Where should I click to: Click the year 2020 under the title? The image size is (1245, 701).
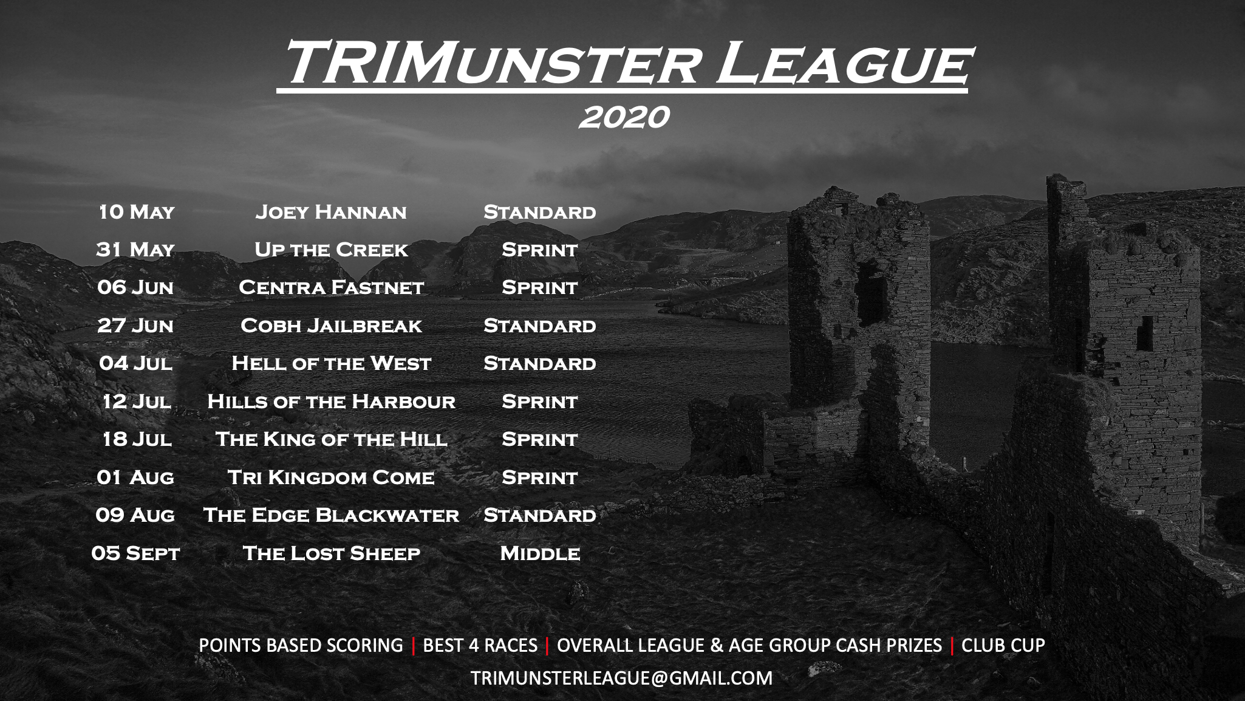(624, 117)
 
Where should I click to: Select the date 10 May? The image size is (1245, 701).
(136, 211)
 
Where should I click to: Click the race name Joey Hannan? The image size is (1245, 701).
(331, 212)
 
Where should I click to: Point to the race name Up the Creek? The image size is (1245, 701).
(331, 250)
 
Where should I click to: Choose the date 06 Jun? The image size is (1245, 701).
(135, 287)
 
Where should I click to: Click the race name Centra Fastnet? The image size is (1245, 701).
(331, 287)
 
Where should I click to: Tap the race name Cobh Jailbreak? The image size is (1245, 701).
(331, 326)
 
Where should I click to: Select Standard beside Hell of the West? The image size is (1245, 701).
(540, 363)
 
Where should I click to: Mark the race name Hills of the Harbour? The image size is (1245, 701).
(331, 402)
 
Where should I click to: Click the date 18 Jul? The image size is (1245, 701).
(137, 439)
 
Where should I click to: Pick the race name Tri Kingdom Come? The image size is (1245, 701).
(331, 477)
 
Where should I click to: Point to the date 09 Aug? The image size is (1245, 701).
(135, 515)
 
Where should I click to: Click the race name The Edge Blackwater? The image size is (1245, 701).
(331, 515)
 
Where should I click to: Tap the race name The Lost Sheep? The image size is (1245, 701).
(331, 553)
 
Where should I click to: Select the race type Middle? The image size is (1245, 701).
(540, 553)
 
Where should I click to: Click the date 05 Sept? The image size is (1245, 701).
(135, 553)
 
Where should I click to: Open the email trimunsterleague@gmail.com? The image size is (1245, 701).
(621, 678)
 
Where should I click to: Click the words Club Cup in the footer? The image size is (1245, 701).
(1003, 645)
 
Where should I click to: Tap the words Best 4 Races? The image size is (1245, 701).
(480, 645)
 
